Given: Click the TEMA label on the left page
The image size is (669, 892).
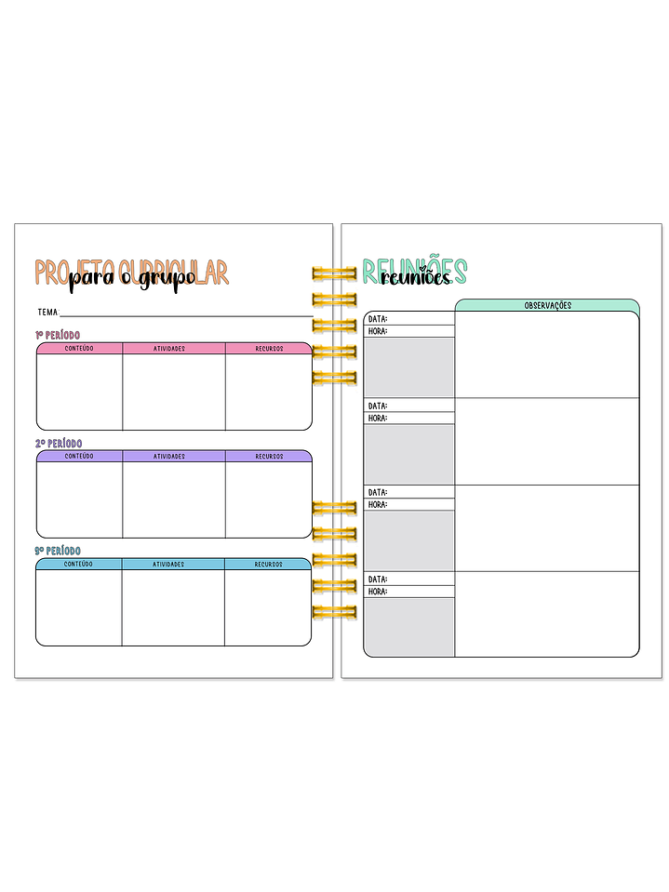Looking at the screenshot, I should (x=48, y=313).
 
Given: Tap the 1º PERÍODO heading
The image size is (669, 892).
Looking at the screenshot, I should (x=58, y=335).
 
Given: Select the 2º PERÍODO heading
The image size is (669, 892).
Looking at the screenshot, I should (x=59, y=444).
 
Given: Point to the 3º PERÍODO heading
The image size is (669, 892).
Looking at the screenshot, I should (x=58, y=552).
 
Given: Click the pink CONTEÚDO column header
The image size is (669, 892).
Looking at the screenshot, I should (x=79, y=349).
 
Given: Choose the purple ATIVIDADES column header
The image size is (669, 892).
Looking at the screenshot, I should (x=174, y=457).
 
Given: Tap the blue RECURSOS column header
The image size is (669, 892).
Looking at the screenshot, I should (x=268, y=565).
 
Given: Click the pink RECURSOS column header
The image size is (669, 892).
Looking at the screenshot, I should (x=269, y=349).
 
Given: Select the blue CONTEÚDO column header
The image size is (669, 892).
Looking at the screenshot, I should (x=79, y=565).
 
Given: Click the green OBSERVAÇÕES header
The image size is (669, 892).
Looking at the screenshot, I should (x=547, y=305).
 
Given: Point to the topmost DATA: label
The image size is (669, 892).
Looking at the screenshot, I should (x=378, y=319).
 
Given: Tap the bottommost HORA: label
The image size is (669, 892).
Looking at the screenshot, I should (x=378, y=592).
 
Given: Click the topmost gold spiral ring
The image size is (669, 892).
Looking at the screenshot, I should (x=334, y=273).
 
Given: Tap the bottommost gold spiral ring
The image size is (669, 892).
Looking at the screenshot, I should (x=334, y=612).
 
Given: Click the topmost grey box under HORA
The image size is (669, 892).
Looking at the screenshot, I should (x=408, y=366).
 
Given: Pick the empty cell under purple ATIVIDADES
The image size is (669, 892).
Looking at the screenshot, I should (x=174, y=499).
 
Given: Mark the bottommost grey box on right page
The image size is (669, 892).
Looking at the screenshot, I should (x=408, y=627).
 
